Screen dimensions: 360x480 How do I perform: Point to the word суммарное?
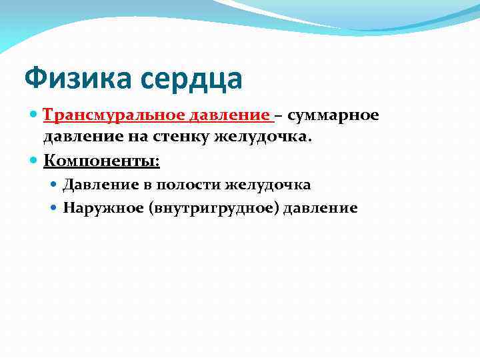click(333, 116)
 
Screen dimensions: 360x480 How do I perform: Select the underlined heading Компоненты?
click(101, 161)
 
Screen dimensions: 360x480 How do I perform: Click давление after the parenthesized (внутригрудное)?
click(321, 208)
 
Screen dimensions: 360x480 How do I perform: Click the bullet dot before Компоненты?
click(34, 161)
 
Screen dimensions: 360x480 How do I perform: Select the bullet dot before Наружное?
click(55, 208)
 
